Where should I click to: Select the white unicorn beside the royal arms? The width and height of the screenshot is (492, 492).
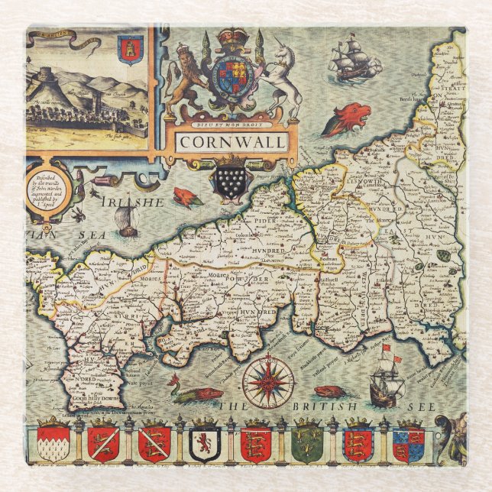tap(280, 79)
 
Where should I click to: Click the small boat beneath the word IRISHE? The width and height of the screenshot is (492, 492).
tap(128, 223)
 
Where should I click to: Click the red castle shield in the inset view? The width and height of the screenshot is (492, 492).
tap(131, 49)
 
